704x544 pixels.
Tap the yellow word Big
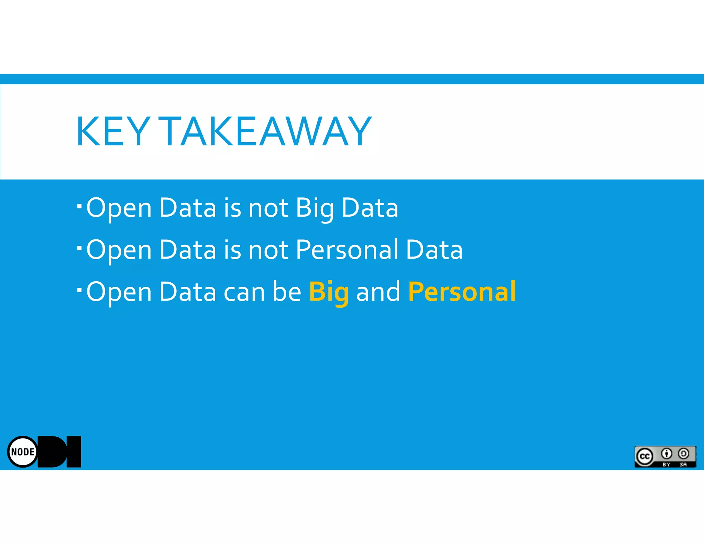(x=329, y=292)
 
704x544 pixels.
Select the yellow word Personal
(x=462, y=292)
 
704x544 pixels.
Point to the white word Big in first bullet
(x=315, y=208)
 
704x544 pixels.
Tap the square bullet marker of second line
(x=79, y=248)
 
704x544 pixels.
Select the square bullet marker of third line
(x=79, y=290)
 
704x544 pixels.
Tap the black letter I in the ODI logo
(x=74, y=451)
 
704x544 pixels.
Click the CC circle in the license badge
(x=645, y=456)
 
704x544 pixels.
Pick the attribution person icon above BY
(x=667, y=454)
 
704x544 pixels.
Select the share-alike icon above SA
(x=683, y=454)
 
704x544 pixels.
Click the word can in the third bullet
(x=244, y=292)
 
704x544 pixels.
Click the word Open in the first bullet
(x=119, y=208)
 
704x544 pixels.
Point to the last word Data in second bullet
(x=434, y=250)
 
